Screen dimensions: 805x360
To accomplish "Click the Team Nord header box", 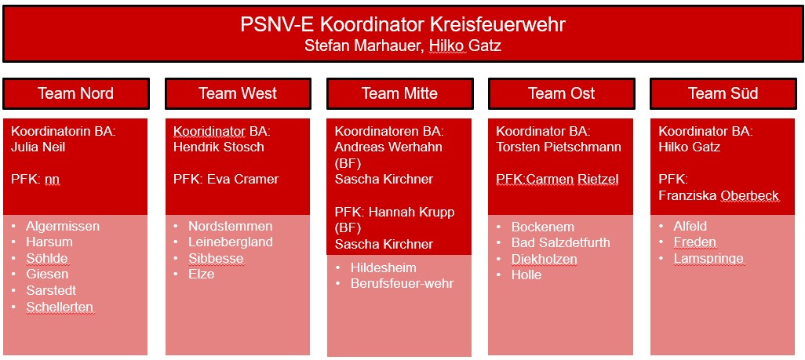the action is tap(76, 93).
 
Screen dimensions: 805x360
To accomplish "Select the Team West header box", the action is tap(238, 93).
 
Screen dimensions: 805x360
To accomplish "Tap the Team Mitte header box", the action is tap(399, 93).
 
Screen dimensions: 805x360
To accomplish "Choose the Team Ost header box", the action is tap(562, 93).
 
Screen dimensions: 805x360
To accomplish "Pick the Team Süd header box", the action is tap(723, 93).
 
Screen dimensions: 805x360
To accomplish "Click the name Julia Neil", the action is tap(38, 147).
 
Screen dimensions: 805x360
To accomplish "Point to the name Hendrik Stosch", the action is tap(219, 147).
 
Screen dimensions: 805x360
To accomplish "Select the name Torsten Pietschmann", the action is tap(559, 147).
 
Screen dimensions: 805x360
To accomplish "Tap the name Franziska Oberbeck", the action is tap(719, 196).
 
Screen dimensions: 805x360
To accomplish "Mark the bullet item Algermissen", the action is tap(63, 227).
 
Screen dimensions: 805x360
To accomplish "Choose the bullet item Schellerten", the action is tap(60, 307).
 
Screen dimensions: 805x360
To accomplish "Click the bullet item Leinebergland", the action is tap(231, 242).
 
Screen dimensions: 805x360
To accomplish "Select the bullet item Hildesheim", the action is tap(384, 267).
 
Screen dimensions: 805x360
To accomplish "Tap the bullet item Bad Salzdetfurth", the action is tap(561, 242).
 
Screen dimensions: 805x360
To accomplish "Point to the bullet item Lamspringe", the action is tap(708, 259).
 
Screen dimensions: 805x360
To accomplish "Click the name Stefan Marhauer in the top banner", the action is tap(364, 45).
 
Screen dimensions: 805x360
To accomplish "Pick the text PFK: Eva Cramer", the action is tap(226, 180).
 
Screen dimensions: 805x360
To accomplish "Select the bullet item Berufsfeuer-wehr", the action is tap(402, 283).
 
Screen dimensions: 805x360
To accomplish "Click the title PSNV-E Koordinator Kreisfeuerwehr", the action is tap(402, 24).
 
